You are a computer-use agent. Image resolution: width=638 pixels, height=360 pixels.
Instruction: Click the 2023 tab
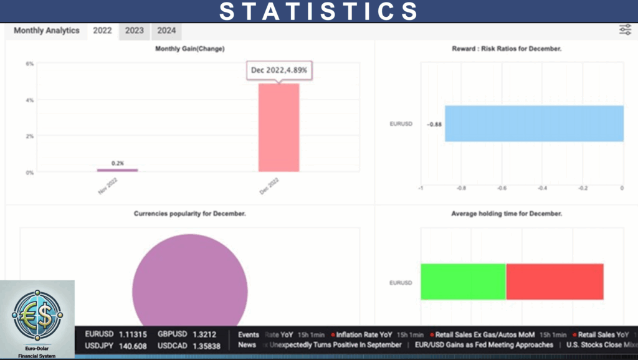coord(134,31)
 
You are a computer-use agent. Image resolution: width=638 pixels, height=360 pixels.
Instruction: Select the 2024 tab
coord(166,31)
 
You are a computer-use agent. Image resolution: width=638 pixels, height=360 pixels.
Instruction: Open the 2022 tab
coord(102,31)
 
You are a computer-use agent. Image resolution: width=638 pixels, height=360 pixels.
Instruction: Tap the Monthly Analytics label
coord(47,31)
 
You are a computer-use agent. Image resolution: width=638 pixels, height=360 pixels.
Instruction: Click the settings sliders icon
coord(625,30)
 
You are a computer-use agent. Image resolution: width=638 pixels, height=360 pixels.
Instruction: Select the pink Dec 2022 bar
coord(279,128)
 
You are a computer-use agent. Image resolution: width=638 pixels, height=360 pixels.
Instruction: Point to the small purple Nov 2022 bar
coord(117,169)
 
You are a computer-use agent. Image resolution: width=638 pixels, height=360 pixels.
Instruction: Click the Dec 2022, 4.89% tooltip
coord(279,70)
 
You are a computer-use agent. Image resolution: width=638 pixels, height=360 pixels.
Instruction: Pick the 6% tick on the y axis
coord(29,64)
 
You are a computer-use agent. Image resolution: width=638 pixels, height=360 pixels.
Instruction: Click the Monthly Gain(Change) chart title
coord(190,49)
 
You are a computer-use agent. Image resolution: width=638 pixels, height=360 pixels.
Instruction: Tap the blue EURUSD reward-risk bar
coord(534,123)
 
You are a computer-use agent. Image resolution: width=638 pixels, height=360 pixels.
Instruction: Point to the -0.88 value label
coord(434,125)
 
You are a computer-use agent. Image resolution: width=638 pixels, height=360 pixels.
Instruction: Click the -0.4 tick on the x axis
coord(543,187)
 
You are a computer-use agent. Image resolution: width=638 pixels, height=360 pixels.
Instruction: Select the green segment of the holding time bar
coord(463,282)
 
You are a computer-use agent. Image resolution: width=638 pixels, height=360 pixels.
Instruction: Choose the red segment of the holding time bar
coord(555,282)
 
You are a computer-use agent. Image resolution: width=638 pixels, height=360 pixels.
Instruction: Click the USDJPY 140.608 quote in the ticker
coord(116,346)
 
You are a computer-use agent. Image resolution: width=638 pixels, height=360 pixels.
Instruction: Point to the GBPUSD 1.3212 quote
coord(187,334)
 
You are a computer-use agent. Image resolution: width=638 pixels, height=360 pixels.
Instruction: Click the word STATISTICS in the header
coord(319,11)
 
